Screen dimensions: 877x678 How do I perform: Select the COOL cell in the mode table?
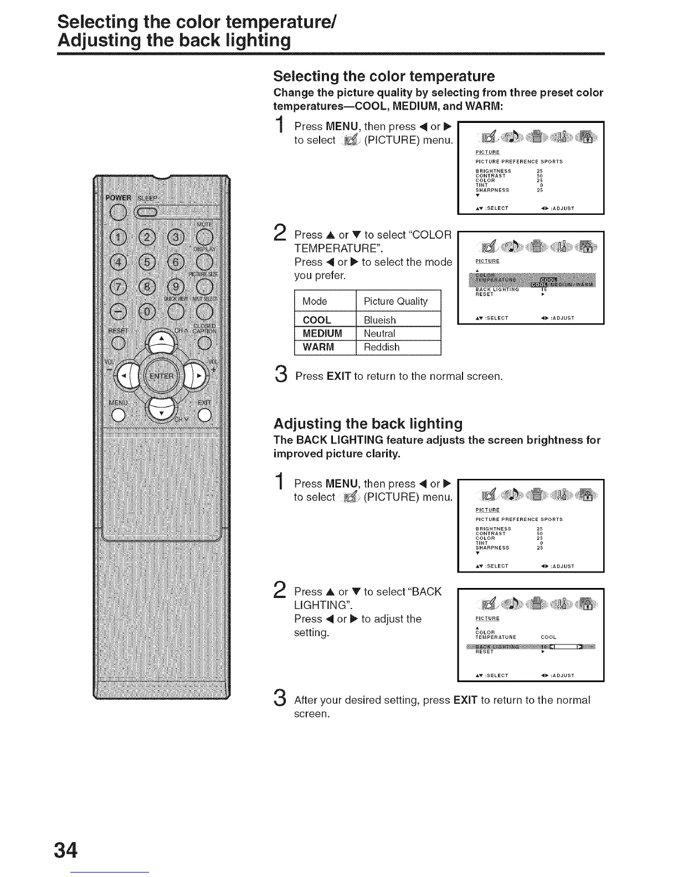pyautogui.click(x=317, y=320)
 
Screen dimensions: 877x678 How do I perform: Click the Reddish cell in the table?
pyautogui.click(x=382, y=347)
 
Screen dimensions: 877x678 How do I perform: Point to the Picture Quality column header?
pyautogui.click(x=395, y=301)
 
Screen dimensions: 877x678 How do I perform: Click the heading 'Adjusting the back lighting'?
pyautogui.click(x=368, y=424)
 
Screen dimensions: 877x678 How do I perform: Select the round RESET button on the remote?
pyautogui.click(x=117, y=343)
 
